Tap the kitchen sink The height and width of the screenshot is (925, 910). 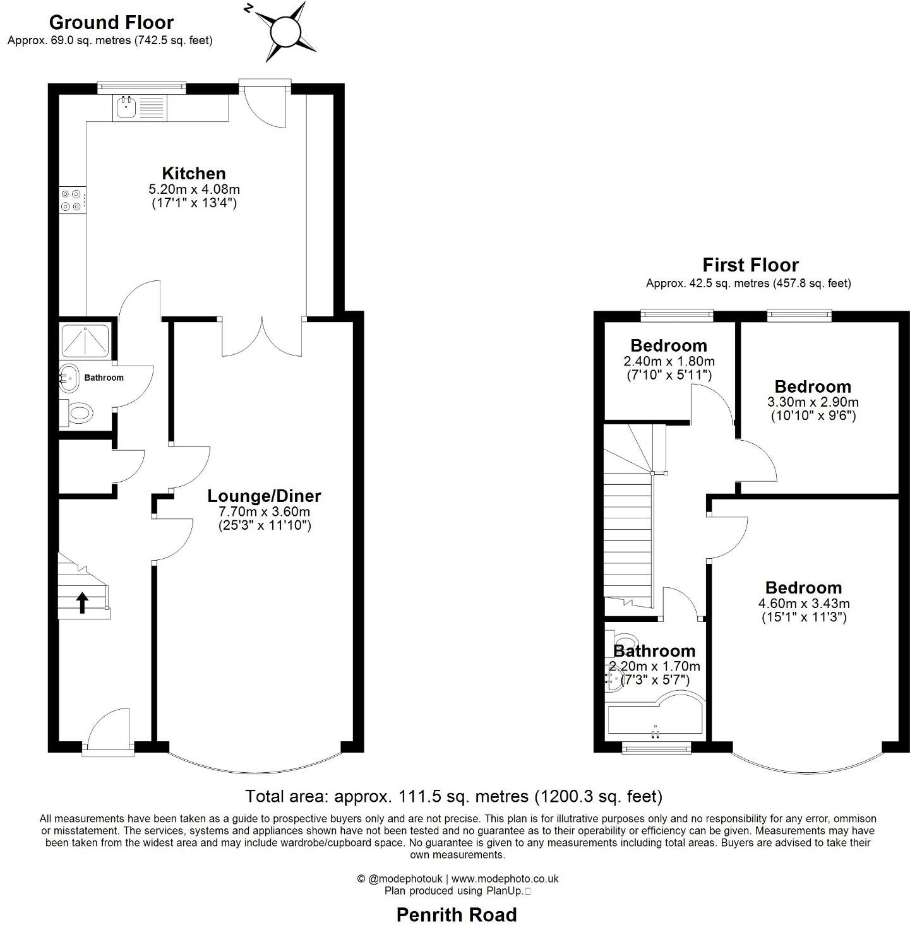tap(125, 108)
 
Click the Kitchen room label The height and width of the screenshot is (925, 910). tap(194, 174)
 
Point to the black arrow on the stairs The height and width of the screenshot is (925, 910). tap(82, 602)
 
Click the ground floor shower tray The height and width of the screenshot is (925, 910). tap(85, 342)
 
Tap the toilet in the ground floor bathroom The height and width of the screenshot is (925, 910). tap(78, 414)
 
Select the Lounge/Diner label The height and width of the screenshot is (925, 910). tap(265, 496)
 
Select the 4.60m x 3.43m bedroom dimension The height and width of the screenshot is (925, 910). tap(804, 604)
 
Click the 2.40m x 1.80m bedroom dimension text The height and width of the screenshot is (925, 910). tap(669, 362)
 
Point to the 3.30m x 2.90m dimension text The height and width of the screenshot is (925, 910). tap(813, 402)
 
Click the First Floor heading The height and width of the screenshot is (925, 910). tap(750, 265)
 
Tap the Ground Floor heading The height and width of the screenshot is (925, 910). tap(111, 23)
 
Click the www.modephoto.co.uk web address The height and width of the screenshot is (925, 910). tap(505, 878)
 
